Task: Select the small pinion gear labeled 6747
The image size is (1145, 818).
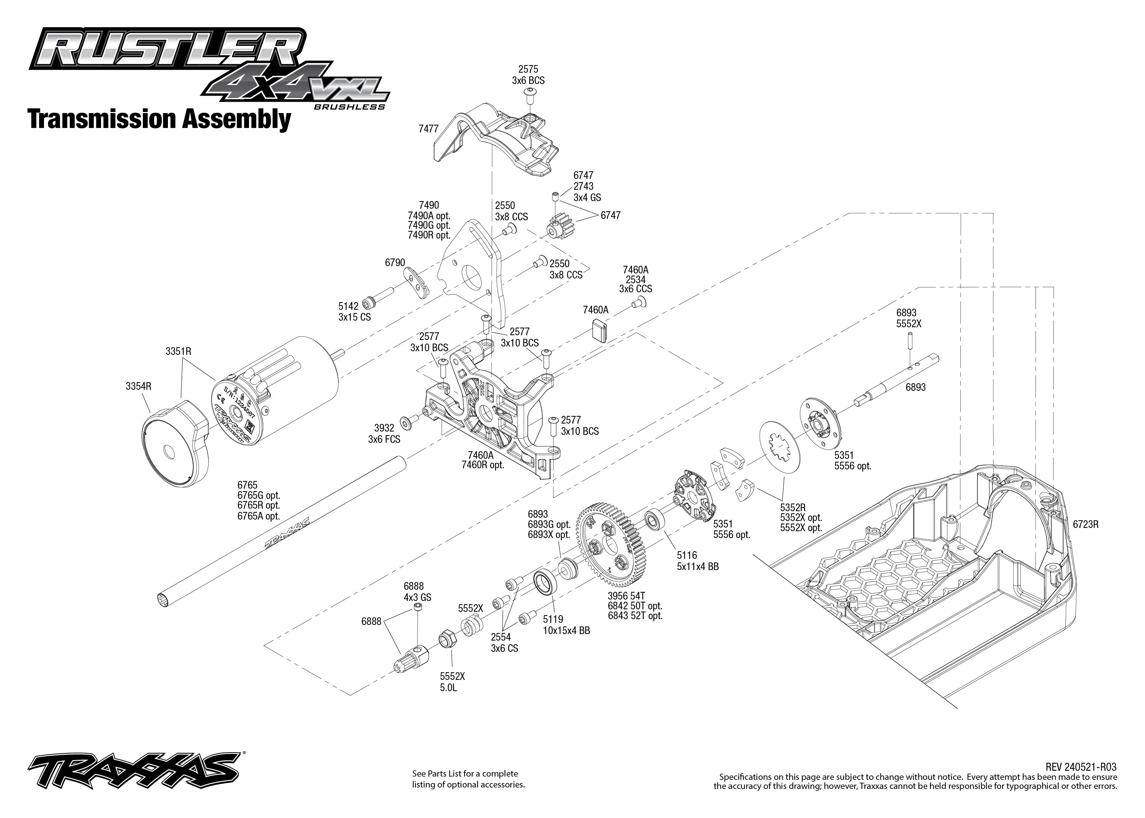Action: [560, 226]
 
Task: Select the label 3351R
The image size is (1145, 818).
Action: [178, 351]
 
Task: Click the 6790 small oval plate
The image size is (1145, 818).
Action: [417, 283]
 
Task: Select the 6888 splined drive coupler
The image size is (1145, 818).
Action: [410, 660]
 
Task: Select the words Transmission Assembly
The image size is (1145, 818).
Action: [159, 119]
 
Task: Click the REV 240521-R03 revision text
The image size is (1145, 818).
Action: [1081, 767]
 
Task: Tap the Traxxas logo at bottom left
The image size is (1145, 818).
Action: [133, 771]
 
